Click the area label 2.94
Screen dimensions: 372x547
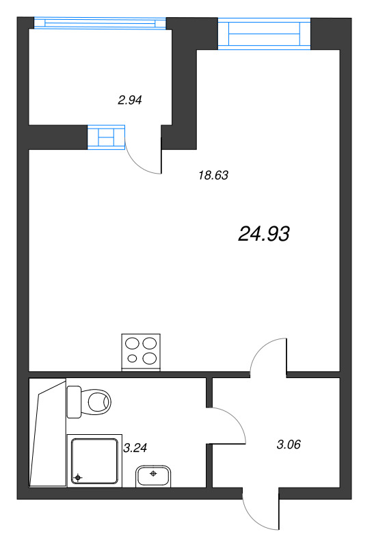[x=130, y=101]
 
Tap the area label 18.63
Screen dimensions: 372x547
[x=213, y=175]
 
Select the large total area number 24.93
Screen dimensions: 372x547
[x=264, y=234]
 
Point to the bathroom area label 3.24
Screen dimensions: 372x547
[x=135, y=448]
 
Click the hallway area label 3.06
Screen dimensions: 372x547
[x=289, y=444]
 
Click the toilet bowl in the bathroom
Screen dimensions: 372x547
[x=98, y=402]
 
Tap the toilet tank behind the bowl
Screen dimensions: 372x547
[x=74, y=402]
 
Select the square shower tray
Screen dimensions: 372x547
[x=94, y=461]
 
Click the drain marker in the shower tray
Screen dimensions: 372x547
[x=78, y=477]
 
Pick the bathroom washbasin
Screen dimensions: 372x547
[x=153, y=476]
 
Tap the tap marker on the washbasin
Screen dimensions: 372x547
[x=153, y=473]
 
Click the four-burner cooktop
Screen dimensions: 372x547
[x=141, y=352]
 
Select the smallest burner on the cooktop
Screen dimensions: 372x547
[x=132, y=358]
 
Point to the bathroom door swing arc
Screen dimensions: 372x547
[x=237, y=418]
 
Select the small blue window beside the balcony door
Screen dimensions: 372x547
[x=106, y=137]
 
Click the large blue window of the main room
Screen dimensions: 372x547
[x=264, y=34]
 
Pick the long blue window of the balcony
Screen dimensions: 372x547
[x=100, y=23]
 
